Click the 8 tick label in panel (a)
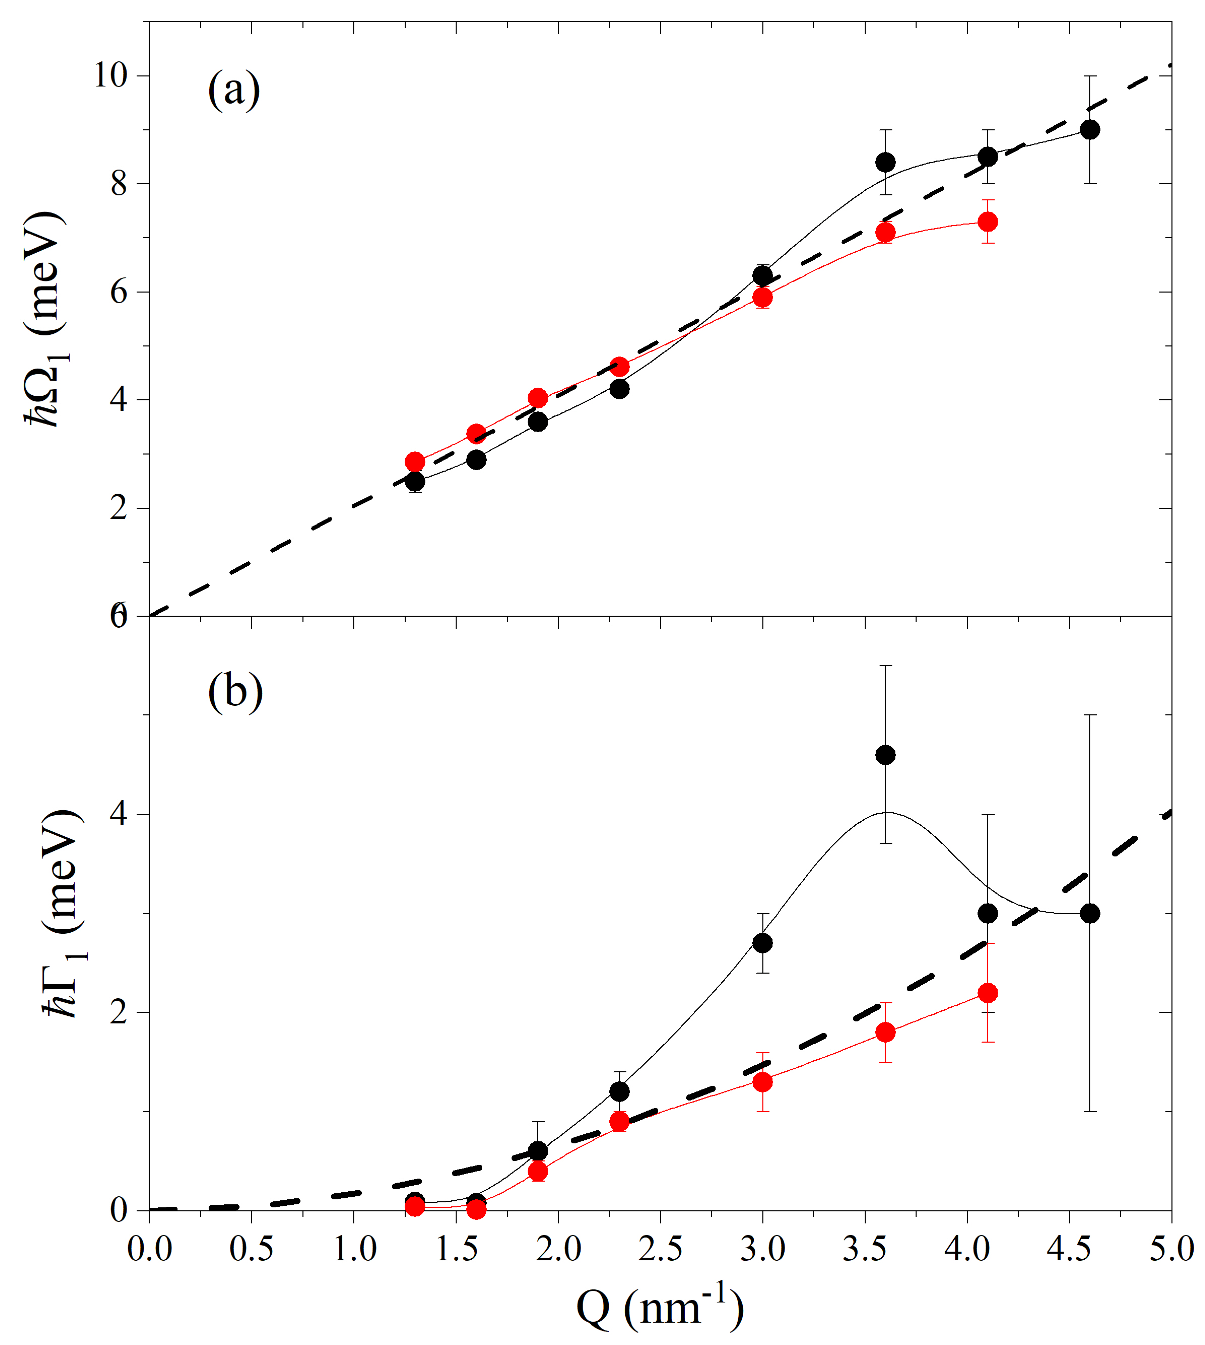(119, 184)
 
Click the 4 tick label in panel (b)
(119, 814)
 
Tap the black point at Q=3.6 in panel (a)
(885, 162)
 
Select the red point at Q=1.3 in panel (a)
(415, 461)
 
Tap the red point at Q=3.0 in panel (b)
(763, 1082)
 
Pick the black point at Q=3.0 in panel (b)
(763, 943)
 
